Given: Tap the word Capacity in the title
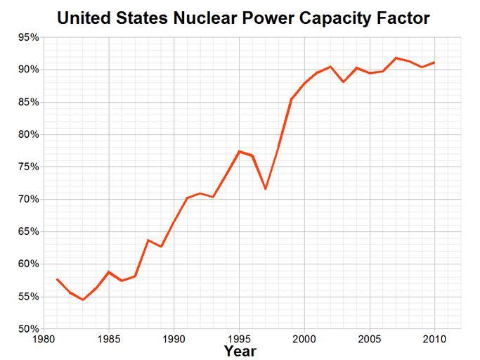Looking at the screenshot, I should [336, 17].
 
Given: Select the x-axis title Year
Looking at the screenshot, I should [240, 350].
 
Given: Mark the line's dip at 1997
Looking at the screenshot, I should [266, 188].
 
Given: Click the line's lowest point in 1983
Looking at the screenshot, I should [83, 300].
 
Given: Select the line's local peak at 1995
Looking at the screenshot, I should [240, 151].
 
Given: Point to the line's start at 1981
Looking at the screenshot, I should [57, 279].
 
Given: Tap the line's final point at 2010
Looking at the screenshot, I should [434, 63].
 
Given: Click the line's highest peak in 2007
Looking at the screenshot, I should [396, 58].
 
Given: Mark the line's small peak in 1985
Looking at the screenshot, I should [109, 271].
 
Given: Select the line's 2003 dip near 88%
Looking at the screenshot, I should [344, 82].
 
